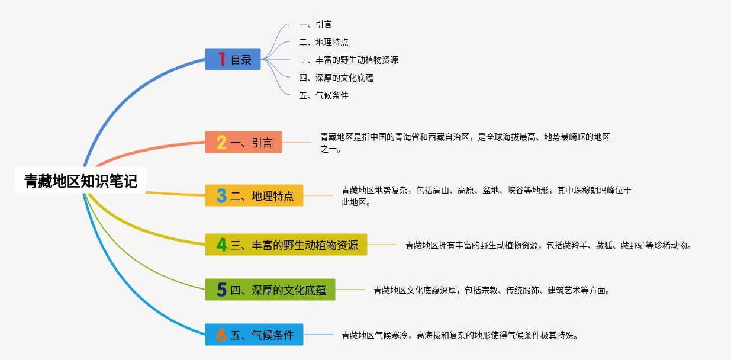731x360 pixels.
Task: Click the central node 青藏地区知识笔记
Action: click(80, 181)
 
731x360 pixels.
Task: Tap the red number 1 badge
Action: click(221, 59)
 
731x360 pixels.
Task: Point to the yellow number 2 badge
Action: click(221, 142)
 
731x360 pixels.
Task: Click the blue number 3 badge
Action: click(221, 195)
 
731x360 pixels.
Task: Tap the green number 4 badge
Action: click(221, 245)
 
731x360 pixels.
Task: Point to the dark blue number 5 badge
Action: click(221, 290)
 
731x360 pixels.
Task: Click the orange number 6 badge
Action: click(221, 335)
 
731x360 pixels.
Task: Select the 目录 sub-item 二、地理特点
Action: click(324, 42)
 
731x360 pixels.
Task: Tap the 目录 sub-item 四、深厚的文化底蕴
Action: click(336, 78)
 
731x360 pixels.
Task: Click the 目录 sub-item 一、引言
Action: click(315, 25)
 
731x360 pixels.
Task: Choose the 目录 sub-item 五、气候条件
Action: click(324, 95)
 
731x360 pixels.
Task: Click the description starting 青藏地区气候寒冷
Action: click(459, 335)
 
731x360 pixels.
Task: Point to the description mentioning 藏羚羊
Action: click(548, 245)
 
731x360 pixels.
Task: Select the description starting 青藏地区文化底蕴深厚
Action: click(491, 290)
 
